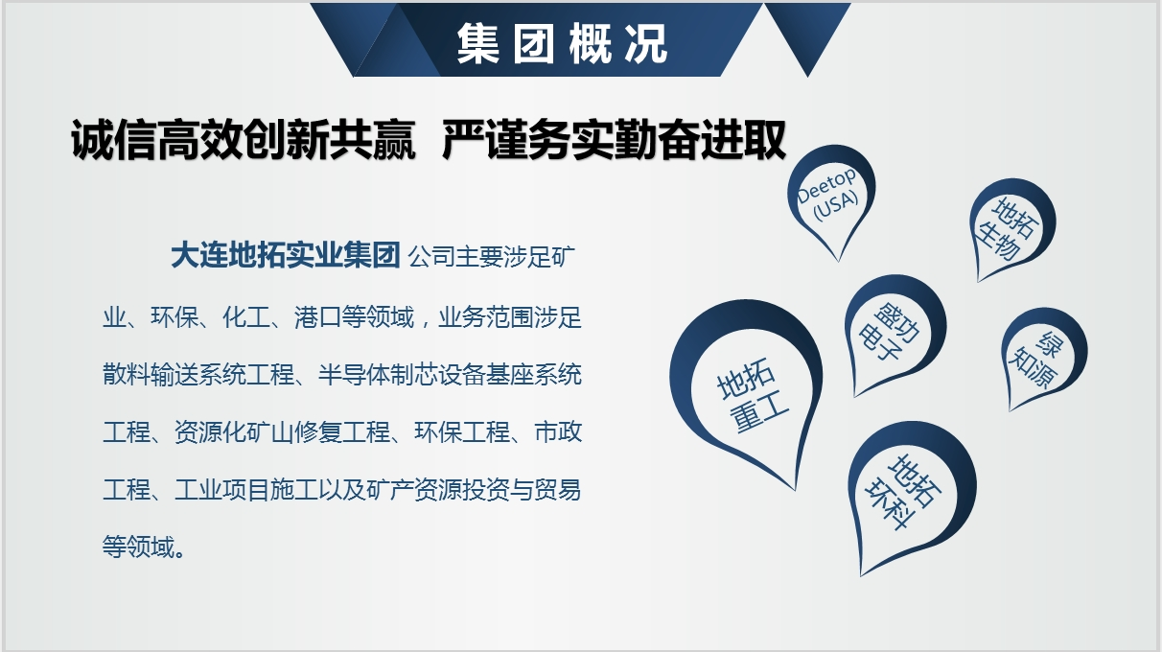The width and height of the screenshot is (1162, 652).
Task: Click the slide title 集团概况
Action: tap(562, 43)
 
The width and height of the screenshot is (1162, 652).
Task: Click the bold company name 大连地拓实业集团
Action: tap(286, 255)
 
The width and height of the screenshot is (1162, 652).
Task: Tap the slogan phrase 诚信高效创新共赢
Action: tap(244, 140)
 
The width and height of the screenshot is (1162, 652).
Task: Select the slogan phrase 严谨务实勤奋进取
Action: tap(614, 140)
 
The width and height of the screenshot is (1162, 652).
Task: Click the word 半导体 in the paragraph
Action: tap(354, 375)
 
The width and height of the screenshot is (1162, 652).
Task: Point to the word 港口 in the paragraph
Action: tap(318, 317)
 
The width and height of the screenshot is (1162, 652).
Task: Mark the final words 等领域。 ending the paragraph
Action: tap(144, 547)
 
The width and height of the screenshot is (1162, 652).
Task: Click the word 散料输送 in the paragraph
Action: tap(151, 375)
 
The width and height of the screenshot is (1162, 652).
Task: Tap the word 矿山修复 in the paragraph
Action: tap(294, 432)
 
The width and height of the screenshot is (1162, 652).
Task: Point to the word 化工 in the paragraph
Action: tap(246, 317)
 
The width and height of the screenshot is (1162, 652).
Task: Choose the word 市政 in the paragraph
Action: tap(558, 432)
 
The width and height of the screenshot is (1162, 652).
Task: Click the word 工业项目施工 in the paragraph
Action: tap(246, 490)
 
